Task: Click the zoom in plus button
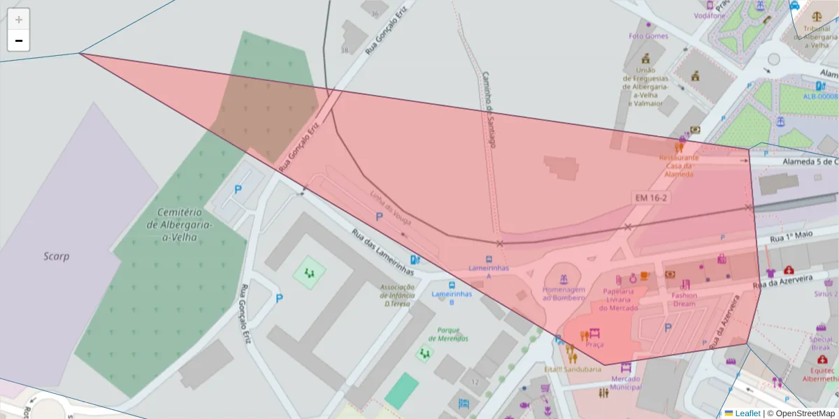(x=19, y=19)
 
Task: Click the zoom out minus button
(x=19, y=41)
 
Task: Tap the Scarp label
(x=56, y=256)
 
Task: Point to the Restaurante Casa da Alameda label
(x=679, y=166)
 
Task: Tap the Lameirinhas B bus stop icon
(x=452, y=285)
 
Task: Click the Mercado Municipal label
(x=625, y=383)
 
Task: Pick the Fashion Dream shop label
(x=684, y=299)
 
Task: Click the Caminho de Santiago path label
(x=489, y=108)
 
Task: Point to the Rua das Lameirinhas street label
(x=382, y=253)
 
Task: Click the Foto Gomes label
(x=648, y=36)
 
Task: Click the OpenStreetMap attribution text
(x=804, y=413)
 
